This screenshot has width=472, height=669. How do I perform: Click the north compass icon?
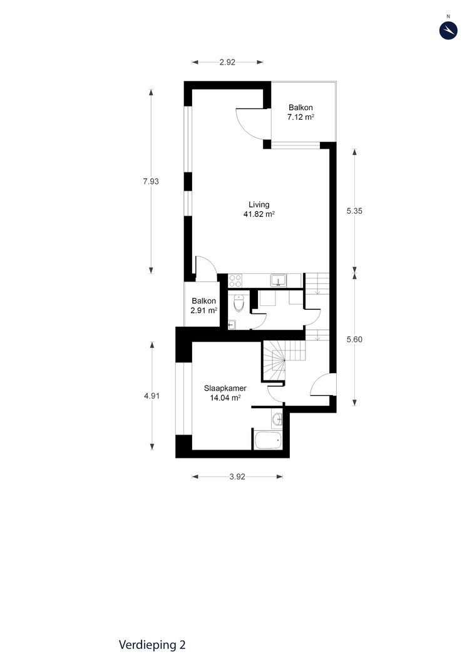pyautogui.click(x=448, y=30)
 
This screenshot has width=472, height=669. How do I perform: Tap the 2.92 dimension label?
pyautogui.click(x=227, y=62)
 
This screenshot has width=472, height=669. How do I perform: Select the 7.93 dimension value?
pyautogui.click(x=151, y=181)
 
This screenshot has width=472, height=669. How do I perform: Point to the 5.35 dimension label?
pyautogui.click(x=354, y=211)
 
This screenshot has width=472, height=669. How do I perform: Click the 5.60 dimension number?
pyautogui.click(x=354, y=340)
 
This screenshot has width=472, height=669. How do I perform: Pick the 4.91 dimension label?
pyautogui.click(x=151, y=396)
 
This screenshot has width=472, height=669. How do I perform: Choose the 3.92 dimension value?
pyautogui.click(x=237, y=477)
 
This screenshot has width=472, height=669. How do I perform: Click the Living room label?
pyautogui.click(x=259, y=205)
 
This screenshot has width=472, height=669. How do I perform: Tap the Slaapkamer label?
pyautogui.click(x=225, y=389)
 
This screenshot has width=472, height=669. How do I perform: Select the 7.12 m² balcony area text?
pyautogui.click(x=300, y=117)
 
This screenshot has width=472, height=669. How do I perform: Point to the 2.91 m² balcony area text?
pyautogui.click(x=203, y=310)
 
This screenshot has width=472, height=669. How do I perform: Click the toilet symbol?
pyautogui.click(x=239, y=303)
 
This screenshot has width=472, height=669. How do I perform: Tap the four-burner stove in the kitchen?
pyautogui.click(x=235, y=280)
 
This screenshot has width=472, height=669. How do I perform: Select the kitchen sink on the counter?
pyautogui.click(x=279, y=280)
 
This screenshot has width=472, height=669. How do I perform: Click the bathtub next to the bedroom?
pyautogui.click(x=268, y=440)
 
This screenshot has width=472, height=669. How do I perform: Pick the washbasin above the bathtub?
pyautogui.click(x=277, y=419)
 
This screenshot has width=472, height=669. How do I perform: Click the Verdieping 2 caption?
pyautogui.click(x=152, y=645)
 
